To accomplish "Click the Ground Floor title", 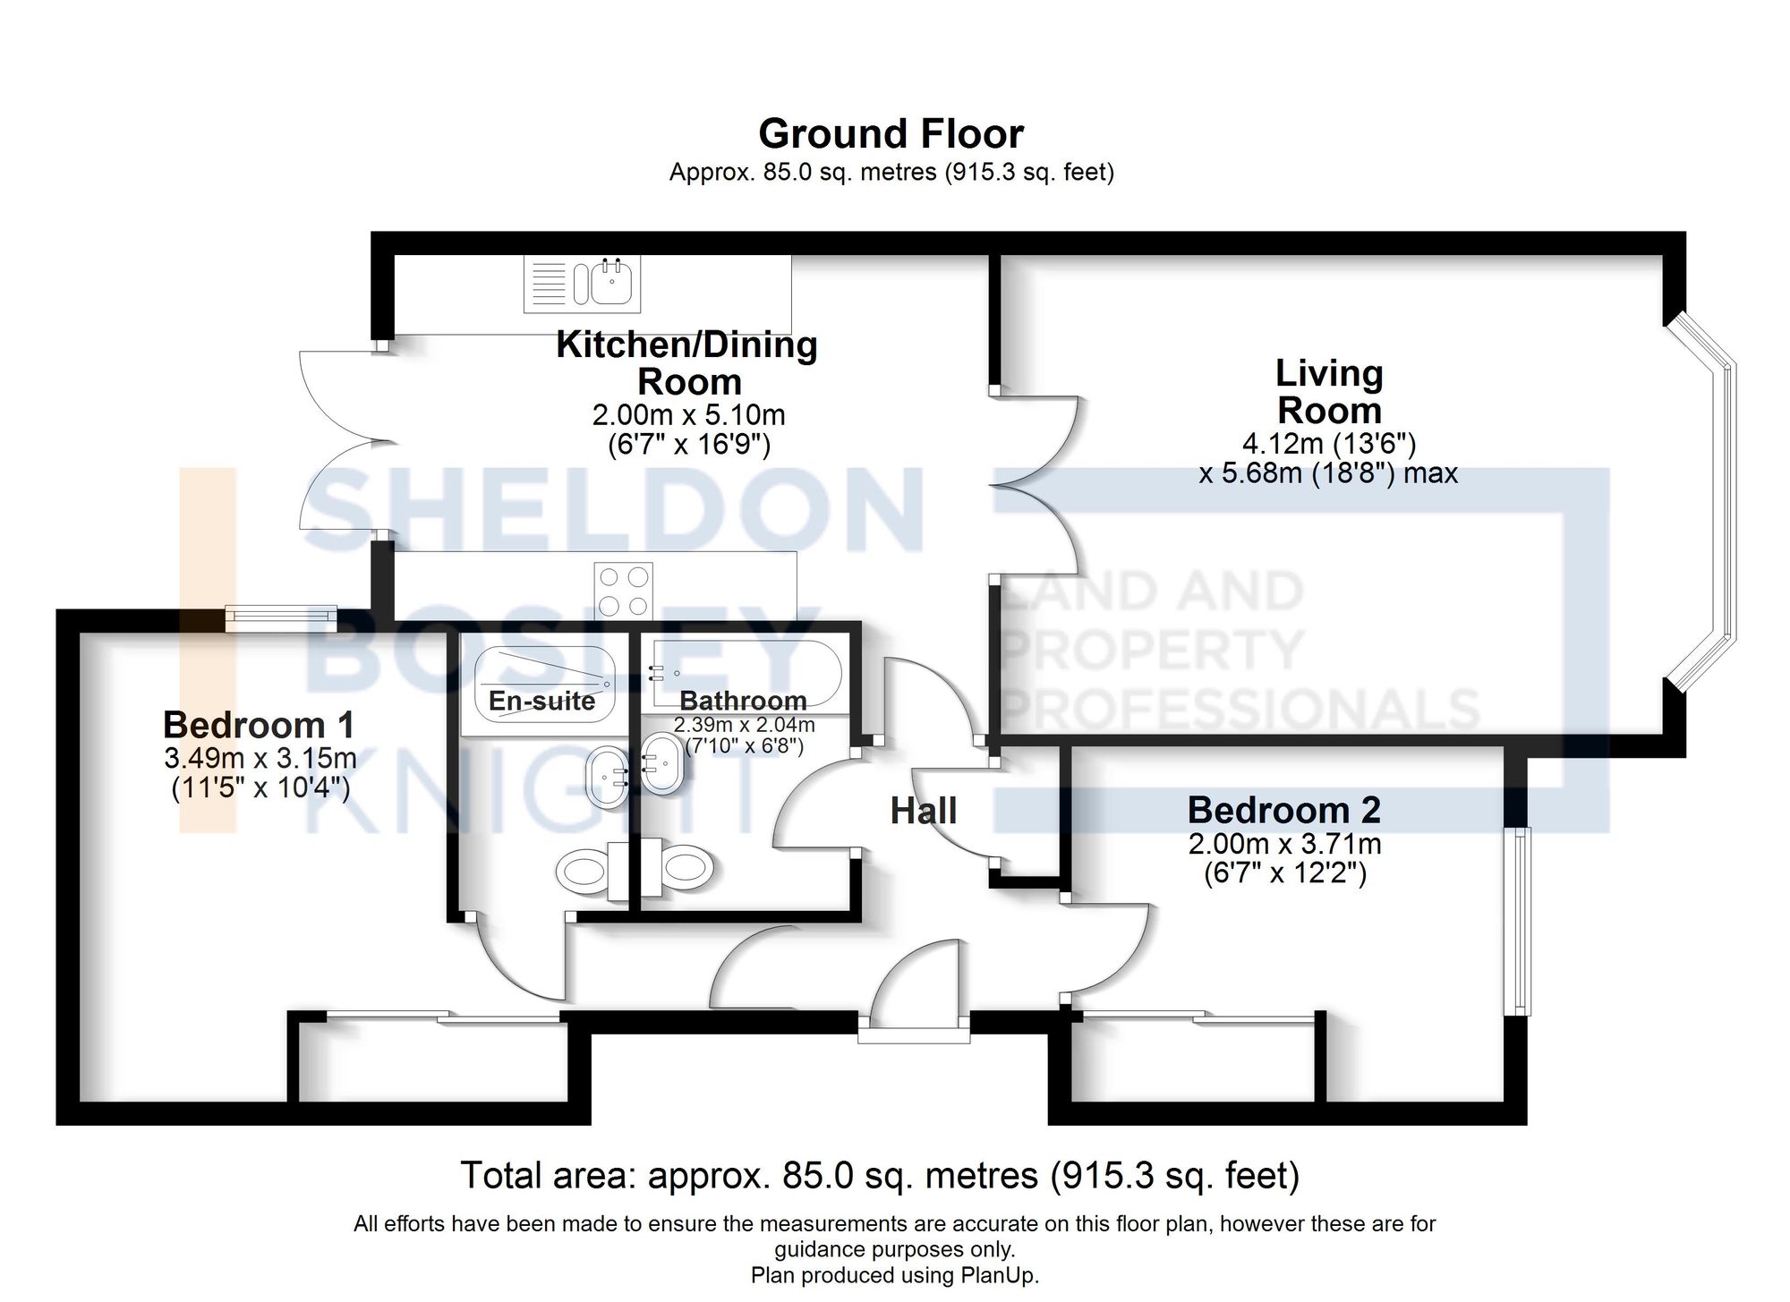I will tap(891, 134).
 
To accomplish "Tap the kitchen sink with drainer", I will tap(582, 284).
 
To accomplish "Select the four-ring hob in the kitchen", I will tap(623, 591).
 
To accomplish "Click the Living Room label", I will tap(1329, 392).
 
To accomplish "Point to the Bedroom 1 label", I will tap(259, 724).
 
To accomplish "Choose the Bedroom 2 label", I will tap(1283, 810).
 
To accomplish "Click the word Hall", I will tap(924, 811).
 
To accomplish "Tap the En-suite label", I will tap(541, 701).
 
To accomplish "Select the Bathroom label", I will tap(743, 701).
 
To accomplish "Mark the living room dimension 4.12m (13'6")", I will tap(1329, 443).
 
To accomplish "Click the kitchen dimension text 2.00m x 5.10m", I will tap(688, 415).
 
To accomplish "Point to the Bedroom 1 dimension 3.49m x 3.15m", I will tap(260, 759).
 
